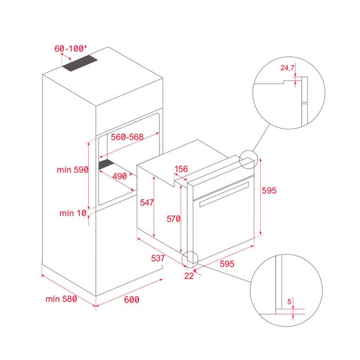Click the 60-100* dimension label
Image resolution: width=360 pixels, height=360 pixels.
point(72,48)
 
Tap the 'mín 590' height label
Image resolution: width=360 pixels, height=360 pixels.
point(72,170)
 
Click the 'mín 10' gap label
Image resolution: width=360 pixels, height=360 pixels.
point(72,213)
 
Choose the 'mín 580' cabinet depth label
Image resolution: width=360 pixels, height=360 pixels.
point(61,299)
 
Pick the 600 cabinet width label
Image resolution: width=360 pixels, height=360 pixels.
point(131,300)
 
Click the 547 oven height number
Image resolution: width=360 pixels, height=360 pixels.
point(147,202)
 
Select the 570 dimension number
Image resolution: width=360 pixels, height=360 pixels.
point(173,219)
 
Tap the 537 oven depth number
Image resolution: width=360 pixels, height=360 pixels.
point(158,259)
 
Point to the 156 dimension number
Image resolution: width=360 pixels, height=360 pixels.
point(181,169)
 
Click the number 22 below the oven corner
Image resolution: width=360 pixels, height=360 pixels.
point(189,276)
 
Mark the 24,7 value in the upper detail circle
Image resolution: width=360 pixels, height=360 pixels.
point(287,68)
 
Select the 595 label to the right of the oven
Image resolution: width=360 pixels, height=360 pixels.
point(269,190)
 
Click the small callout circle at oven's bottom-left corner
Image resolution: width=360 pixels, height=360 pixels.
point(190,257)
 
